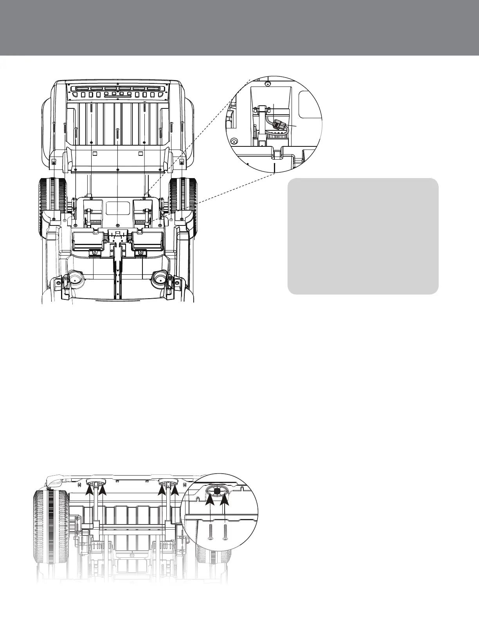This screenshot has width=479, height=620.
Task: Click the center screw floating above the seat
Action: (117, 135)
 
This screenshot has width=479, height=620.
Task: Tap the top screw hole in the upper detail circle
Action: (267, 84)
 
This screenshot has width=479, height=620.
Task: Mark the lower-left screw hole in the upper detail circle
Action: (234, 141)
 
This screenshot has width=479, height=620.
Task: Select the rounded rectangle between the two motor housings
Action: (117, 207)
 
